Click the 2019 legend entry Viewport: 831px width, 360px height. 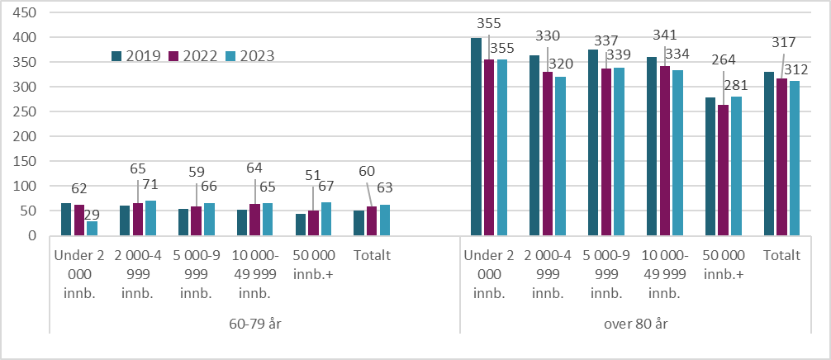(x=138, y=56)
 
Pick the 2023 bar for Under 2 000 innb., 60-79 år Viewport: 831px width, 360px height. (x=92, y=229)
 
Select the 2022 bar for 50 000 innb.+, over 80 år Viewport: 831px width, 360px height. (x=723, y=170)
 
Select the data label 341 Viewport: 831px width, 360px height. (x=664, y=36)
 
